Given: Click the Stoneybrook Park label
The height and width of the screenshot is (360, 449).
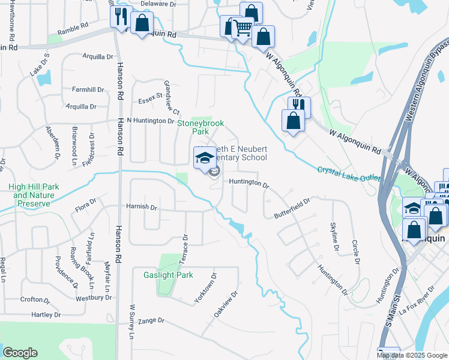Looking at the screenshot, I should click(200, 127).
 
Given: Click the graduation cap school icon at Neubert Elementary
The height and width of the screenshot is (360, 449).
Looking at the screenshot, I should click(204, 158).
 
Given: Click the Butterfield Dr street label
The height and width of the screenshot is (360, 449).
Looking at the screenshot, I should click(292, 208).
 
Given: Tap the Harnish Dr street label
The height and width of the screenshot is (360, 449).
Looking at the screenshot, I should click(142, 207).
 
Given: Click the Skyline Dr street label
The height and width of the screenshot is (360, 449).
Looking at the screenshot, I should click(334, 236).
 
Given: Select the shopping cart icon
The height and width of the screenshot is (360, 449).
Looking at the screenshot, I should click(242, 28).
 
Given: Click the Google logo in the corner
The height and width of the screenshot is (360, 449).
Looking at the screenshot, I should click(20, 352).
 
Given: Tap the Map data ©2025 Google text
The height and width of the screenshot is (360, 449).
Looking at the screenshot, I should click(412, 355).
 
